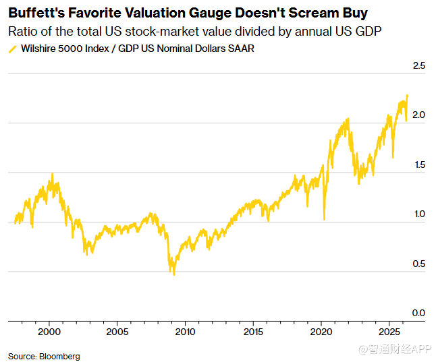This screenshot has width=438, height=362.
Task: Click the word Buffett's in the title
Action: tap(36, 13)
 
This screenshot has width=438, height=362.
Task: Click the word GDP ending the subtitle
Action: tap(368, 31)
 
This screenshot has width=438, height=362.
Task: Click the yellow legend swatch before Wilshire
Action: tap(13, 49)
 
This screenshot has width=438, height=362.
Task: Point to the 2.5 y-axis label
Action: tap(418, 65)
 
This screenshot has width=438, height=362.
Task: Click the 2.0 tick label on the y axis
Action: tap(418, 115)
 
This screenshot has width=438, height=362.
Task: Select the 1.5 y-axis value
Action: tap(420, 164)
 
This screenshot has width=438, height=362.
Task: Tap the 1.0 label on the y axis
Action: tap(420, 214)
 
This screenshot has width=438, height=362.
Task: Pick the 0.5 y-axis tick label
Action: tap(418, 264)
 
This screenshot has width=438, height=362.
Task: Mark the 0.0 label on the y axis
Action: tap(418, 313)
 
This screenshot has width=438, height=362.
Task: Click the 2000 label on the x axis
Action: tap(49, 332)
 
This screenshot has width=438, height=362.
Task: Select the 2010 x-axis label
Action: tap(185, 332)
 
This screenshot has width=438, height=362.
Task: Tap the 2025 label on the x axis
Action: tap(389, 332)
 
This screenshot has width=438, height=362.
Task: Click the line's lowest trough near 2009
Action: tap(174, 274)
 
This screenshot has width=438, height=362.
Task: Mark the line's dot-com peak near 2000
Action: tap(52, 174)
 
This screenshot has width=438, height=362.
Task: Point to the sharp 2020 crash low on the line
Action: tap(325, 219)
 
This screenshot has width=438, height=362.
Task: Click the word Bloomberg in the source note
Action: tap(59, 357)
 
